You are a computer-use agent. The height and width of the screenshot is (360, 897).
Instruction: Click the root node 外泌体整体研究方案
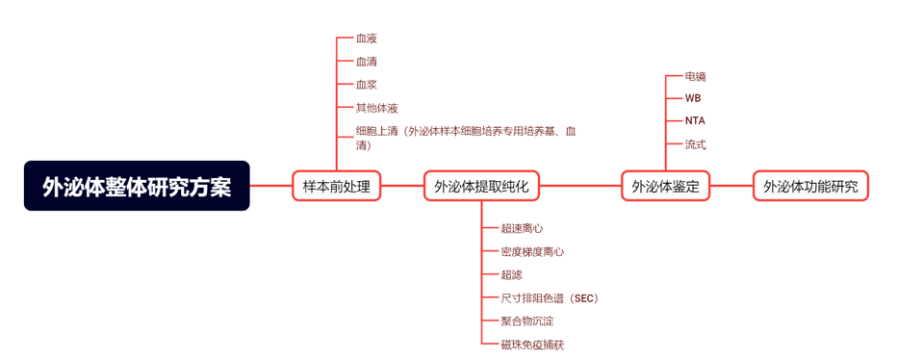point(137,186)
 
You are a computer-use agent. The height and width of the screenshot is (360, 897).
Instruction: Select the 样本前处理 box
point(336,186)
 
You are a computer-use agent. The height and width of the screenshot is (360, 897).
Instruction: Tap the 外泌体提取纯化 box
point(481,186)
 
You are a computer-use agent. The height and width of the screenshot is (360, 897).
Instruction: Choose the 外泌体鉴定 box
point(665,186)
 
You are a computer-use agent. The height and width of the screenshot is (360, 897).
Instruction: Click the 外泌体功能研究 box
point(810,186)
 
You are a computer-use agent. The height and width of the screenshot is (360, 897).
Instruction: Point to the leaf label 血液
point(366,39)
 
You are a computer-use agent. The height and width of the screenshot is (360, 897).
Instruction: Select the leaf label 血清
point(366,62)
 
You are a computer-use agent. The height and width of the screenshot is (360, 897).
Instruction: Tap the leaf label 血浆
point(366,85)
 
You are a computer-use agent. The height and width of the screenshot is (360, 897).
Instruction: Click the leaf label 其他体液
point(376,108)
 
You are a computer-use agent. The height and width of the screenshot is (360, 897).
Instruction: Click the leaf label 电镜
point(695,76)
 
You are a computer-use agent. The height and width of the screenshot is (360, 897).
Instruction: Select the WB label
point(693,98)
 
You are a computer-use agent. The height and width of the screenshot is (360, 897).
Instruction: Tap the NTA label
point(695,121)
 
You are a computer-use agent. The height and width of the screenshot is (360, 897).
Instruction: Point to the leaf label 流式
point(695,144)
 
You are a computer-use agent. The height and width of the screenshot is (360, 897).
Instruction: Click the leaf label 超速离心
point(522,229)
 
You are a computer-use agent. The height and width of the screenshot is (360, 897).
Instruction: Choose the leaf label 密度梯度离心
point(532,252)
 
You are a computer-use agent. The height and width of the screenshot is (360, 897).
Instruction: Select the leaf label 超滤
point(511,275)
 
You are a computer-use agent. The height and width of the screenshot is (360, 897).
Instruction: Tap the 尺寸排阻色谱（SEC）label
point(550,298)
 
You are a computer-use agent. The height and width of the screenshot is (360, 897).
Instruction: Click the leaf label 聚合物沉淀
point(527,321)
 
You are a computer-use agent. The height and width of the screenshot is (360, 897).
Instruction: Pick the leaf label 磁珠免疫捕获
point(532,345)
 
